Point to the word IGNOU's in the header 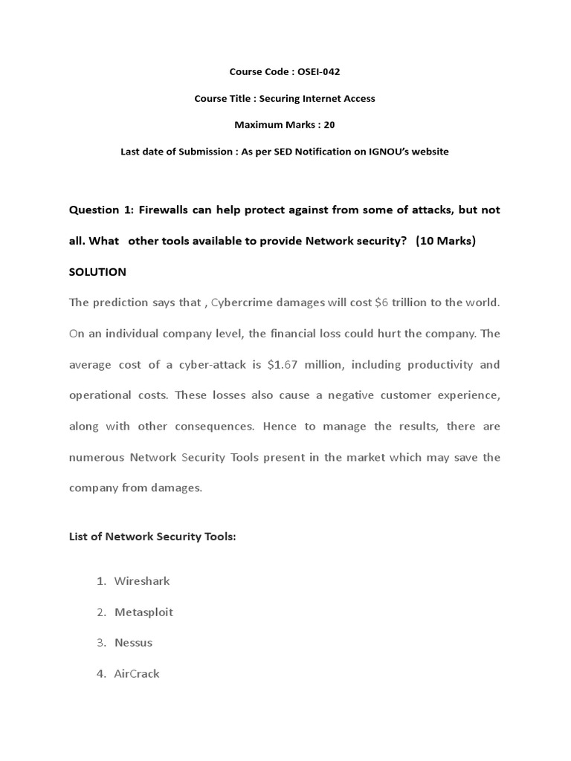click(x=378, y=152)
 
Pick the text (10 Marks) click(x=445, y=241)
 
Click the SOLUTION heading click(x=97, y=272)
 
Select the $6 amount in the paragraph click(x=382, y=302)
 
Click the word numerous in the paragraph click(x=97, y=457)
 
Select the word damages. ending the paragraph click(x=175, y=488)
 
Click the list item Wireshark click(x=142, y=580)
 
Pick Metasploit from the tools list click(x=143, y=612)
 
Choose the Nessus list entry click(x=133, y=642)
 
